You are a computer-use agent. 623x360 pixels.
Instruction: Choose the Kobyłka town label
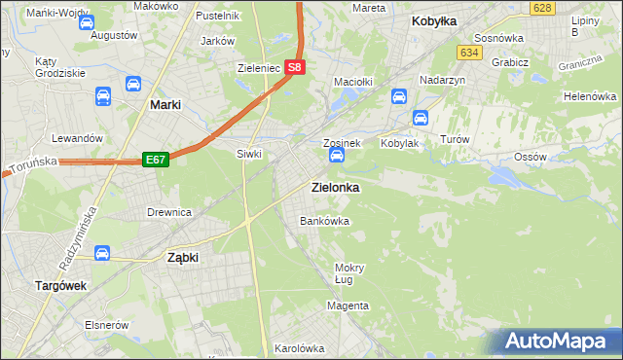[x=434, y=20]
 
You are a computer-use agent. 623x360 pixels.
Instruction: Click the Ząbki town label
[x=182, y=258]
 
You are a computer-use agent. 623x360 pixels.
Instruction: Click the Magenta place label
[x=348, y=306]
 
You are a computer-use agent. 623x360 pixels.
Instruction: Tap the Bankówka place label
[x=324, y=221]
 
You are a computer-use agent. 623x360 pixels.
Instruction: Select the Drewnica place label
[x=168, y=211]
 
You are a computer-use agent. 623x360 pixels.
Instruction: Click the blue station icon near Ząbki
[x=101, y=254]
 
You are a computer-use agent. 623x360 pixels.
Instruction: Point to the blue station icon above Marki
[x=102, y=96]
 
